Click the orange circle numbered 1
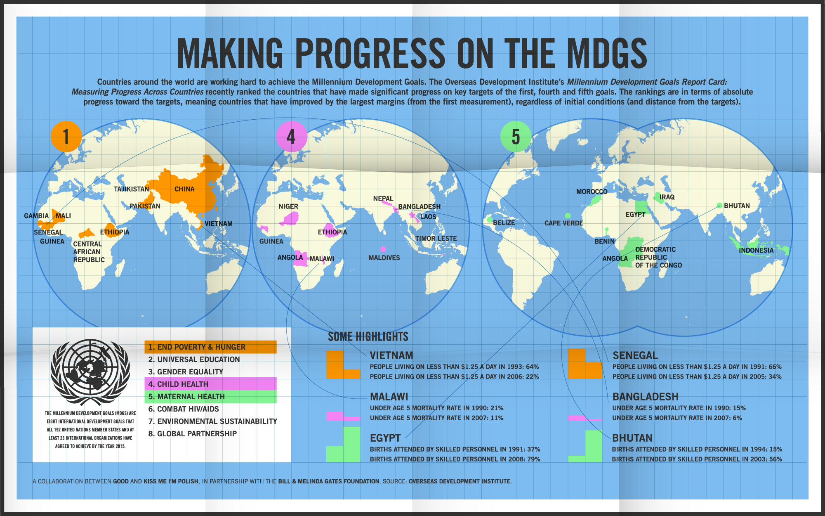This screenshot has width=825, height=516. [66, 137]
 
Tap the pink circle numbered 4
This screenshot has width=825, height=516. [291, 137]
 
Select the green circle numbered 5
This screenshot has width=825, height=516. [516, 137]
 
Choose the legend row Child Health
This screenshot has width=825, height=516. [210, 384]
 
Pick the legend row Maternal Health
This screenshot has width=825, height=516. [210, 397]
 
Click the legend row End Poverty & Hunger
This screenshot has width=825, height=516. [210, 347]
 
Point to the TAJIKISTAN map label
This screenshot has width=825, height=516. [132, 189]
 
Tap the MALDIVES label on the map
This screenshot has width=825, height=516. [384, 258]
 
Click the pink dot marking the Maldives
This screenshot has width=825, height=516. [383, 249]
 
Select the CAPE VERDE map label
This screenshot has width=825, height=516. [563, 223]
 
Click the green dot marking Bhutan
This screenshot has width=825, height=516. [719, 206]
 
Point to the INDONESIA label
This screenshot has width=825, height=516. [756, 251]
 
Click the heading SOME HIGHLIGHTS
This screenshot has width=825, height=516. [368, 337]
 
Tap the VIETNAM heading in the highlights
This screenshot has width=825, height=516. [391, 355]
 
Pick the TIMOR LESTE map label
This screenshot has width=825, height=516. [436, 239]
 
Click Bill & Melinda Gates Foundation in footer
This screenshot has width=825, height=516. [329, 481]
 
